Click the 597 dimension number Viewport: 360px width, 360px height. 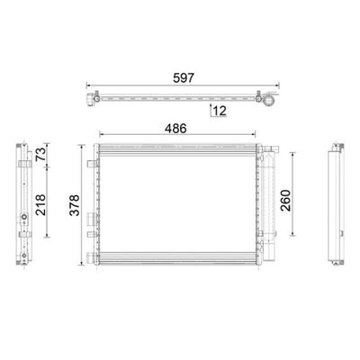pyautogui.click(x=184, y=78)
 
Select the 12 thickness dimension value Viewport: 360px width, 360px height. pyautogui.click(x=220, y=111)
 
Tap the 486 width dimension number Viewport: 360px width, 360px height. pyautogui.click(x=175, y=129)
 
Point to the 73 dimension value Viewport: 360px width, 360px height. pyautogui.click(x=41, y=154)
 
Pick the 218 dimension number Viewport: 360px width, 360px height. pyautogui.click(x=41, y=205)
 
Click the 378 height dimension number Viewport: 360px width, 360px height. pyautogui.click(x=75, y=205)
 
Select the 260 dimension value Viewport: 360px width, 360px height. pyautogui.click(x=285, y=201)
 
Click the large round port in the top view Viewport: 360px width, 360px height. pyautogui.click(x=269, y=99)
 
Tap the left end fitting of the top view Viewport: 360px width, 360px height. pyautogui.click(x=90, y=99)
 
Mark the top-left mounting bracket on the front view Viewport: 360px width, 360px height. pyautogui.click(x=92, y=164)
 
